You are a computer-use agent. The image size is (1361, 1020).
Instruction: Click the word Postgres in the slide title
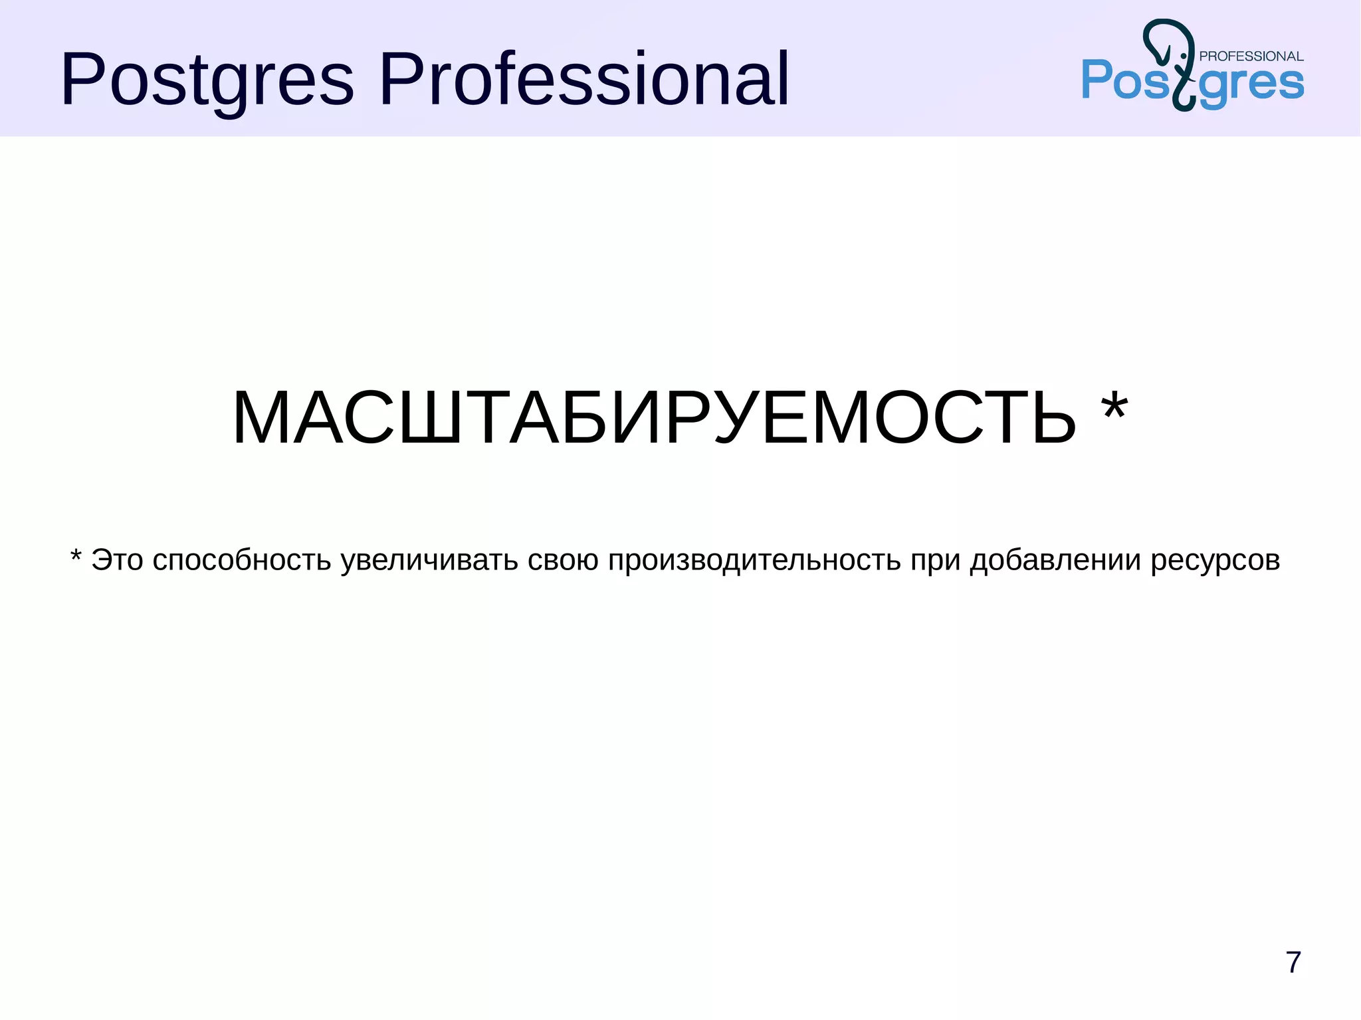pyautogui.click(x=207, y=80)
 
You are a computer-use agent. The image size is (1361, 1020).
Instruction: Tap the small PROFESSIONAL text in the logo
pyautogui.click(x=1251, y=56)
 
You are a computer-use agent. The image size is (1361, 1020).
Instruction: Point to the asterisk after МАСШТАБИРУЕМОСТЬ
pyautogui.click(x=1114, y=408)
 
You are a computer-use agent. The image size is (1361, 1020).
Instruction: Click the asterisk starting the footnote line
pyautogui.click(x=76, y=556)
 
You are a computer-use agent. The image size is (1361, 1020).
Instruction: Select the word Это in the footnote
pyautogui.click(x=118, y=560)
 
